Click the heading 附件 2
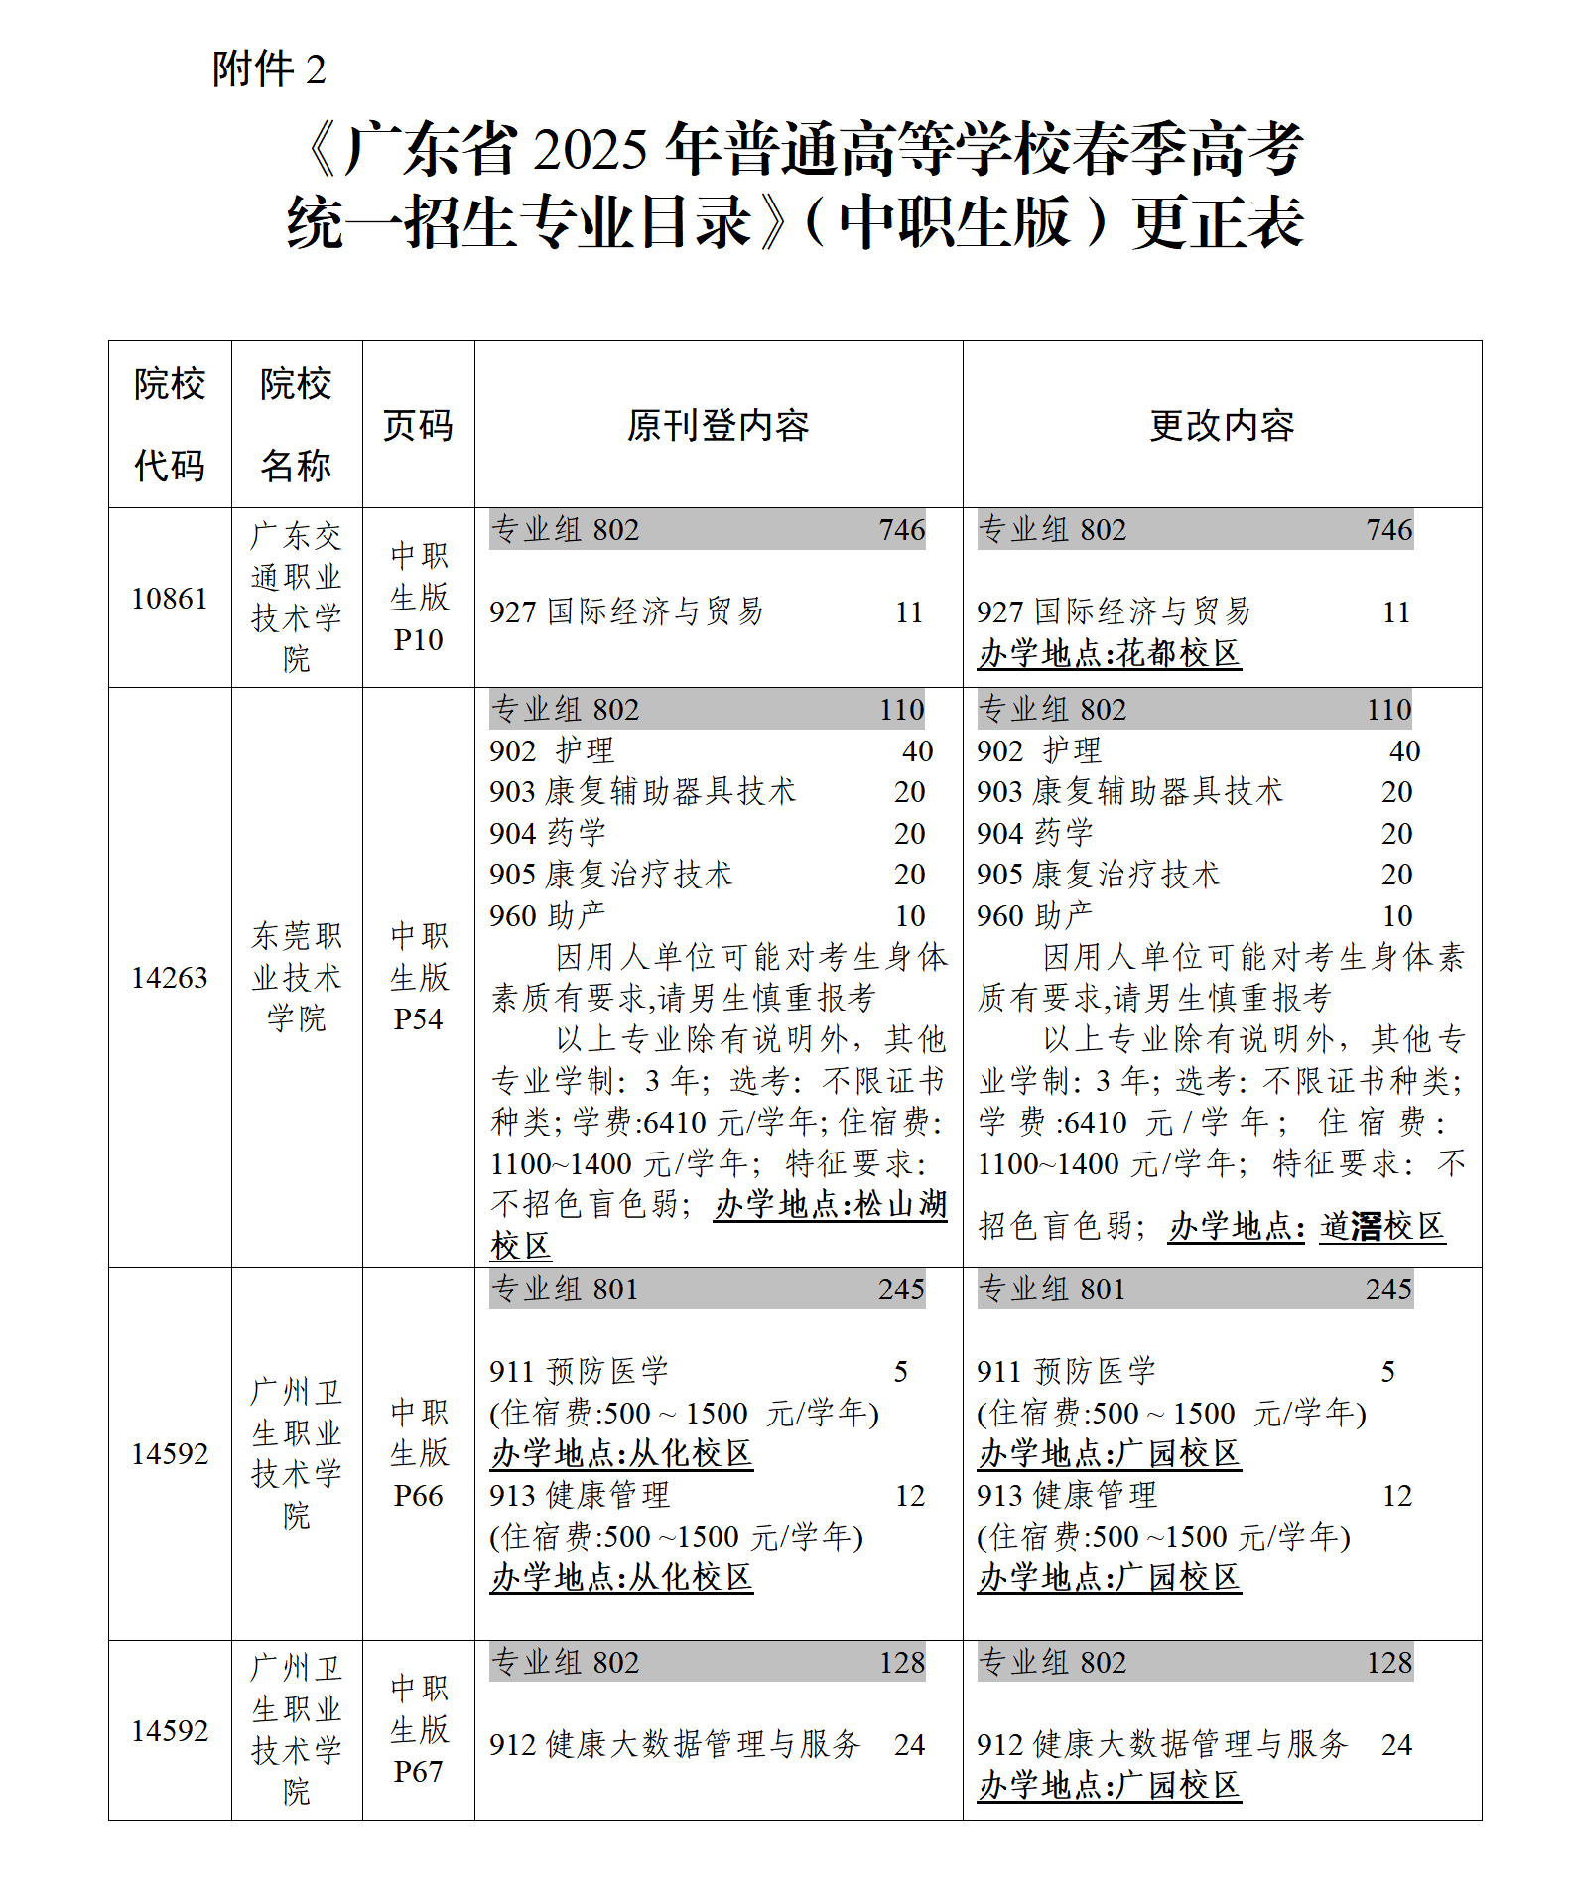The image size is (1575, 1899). [x=269, y=69]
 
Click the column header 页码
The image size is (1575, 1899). [x=418, y=426]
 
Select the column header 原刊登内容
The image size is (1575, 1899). [x=718, y=426]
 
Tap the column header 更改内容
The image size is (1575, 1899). [x=1222, y=426]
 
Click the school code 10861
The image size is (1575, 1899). [x=170, y=599]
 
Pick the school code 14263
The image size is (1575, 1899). [x=170, y=978]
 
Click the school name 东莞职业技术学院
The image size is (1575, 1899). [x=296, y=978]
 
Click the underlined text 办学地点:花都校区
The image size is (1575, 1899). [x=1109, y=654]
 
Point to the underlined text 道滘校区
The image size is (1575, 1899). [x=1381, y=1227]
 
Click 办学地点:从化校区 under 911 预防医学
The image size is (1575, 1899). [x=621, y=1454]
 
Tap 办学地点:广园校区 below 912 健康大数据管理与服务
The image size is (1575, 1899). [x=1109, y=1786]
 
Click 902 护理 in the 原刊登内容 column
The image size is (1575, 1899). [x=552, y=751]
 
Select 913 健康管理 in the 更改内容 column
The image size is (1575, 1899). [x=1067, y=1496]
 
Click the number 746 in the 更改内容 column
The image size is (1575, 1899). [x=1388, y=530]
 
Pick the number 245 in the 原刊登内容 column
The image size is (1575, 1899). [x=901, y=1289]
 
